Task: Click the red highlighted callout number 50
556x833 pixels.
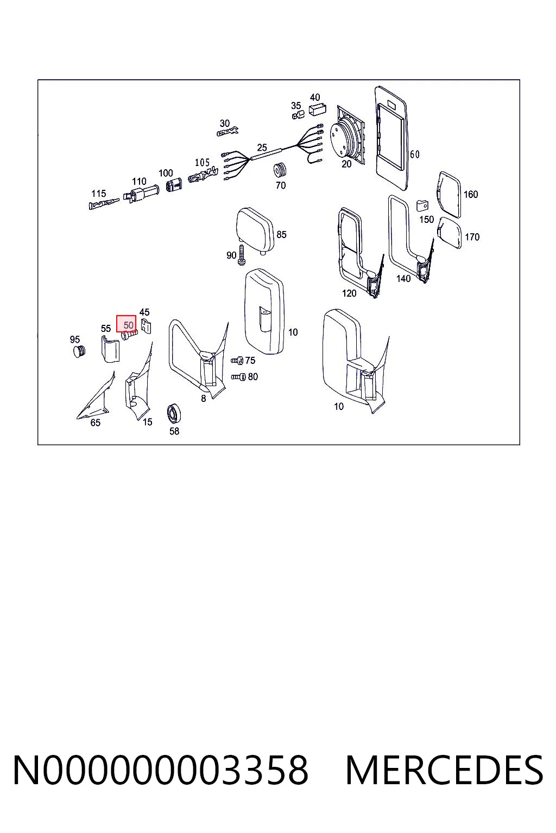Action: (127, 324)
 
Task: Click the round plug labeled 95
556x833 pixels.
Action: (79, 351)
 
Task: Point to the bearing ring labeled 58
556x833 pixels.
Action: (173, 413)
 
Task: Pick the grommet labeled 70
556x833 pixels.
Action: (280, 171)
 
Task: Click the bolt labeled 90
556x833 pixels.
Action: (241, 255)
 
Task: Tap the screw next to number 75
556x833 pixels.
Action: (237, 360)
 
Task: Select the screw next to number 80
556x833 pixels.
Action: (238, 377)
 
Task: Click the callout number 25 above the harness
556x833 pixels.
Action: (262, 148)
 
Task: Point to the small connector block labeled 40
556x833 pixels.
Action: (318, 110)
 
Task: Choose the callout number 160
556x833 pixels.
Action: (471, 194)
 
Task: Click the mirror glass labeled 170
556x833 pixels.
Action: (450, 233)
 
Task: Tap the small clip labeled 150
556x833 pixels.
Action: (422, 206)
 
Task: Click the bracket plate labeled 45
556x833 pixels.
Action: (146, 326)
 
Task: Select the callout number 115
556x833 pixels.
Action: (99, 194)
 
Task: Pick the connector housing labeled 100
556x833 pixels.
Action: (174, 184)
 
